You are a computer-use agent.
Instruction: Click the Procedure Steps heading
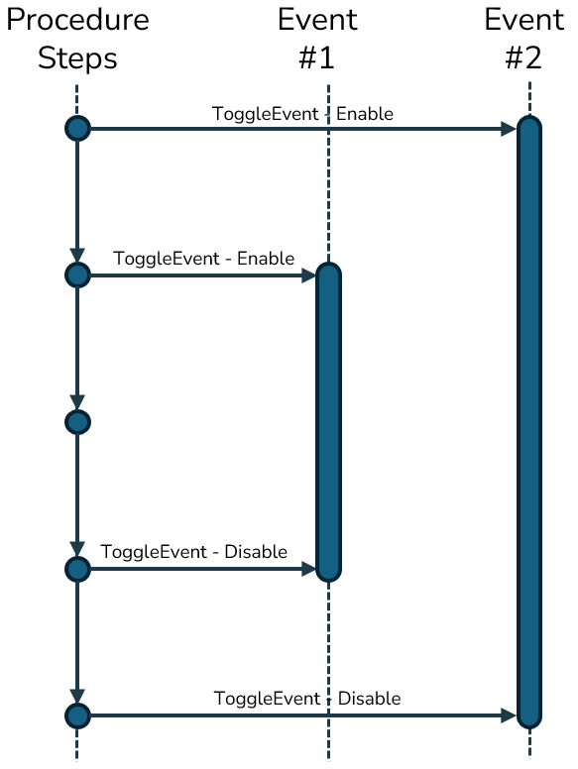[77, 40]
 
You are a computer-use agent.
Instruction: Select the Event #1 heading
[317, 40]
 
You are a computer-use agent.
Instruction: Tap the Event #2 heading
[524, 40]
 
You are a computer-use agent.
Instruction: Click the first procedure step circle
[77, 129]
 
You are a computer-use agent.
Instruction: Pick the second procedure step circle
[77, 275]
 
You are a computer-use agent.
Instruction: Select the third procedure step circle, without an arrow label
[77, 422]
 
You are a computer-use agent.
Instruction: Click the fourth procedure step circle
[77, 569]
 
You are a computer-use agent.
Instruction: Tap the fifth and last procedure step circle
[77, 715]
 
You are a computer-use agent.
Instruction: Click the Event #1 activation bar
[328, 422]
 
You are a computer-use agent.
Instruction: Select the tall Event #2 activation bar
[529, 422]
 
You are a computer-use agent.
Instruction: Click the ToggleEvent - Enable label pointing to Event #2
[302, 114]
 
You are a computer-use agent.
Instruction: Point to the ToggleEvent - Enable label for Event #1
[203, 259]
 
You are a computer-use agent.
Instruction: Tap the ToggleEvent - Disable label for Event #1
[193, 552]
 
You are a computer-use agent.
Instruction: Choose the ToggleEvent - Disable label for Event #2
[307, 699]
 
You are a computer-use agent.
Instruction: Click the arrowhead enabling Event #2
[509, 129]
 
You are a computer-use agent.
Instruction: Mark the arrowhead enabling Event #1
[308, 275]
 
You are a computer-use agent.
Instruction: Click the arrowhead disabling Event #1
[308, 569]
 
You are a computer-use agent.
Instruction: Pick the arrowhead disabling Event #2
[509, 715]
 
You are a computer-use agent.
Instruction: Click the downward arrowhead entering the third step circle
[77, 402]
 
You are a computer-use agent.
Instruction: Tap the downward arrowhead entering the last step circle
[77, 697]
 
